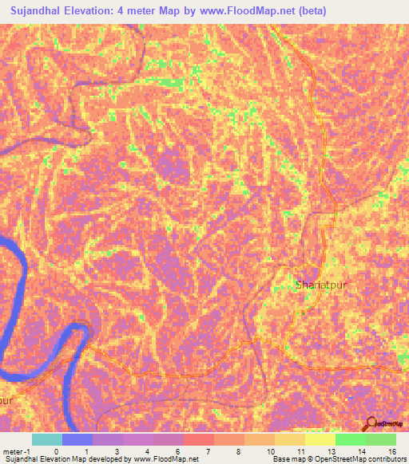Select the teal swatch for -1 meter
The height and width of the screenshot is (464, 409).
click(47, 439)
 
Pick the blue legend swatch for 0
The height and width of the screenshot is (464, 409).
click(77, 439)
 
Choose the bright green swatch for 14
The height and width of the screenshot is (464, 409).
click(350, 439)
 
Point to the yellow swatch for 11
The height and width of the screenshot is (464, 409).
click(289, 439)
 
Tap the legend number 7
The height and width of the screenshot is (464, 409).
click(208, 450)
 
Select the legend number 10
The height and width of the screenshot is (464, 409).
click(268, 450)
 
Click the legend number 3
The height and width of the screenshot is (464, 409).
click(117, 450)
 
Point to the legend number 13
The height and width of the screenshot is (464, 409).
click(329, 450)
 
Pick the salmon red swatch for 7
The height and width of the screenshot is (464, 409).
click(198, 439)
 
